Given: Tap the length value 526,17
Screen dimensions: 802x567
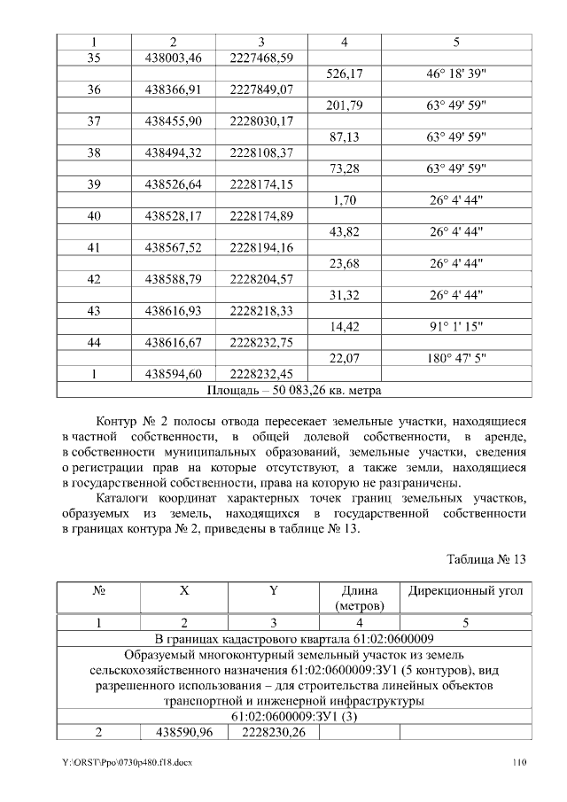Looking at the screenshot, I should coord(342,74).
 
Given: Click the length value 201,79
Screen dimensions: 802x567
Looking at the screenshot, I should coord(342,106).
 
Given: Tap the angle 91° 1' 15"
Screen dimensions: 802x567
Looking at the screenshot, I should coord(456,326).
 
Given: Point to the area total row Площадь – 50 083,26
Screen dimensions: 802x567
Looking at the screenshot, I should coord(294,389).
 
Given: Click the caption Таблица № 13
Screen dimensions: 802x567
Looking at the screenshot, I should coord(487,559).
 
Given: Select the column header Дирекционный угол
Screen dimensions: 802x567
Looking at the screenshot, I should coord(465,590).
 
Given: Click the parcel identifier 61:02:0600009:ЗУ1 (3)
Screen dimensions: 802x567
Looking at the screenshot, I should coord(294,716).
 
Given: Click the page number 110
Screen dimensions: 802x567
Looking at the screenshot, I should coord(518,763).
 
